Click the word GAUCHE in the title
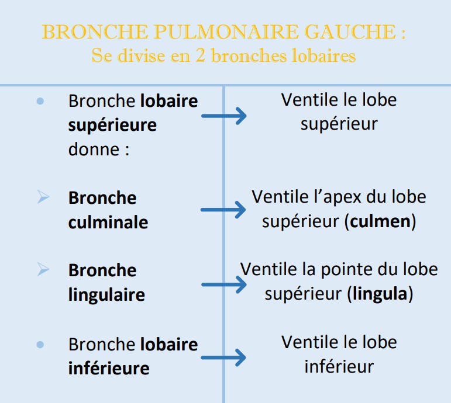(x=350, y=32)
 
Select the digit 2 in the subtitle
(x=200, y=55)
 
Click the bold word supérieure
(x=112, y=125)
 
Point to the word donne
(x=94, y=149)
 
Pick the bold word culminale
(x=108, y=222)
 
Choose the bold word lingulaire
(x=106, y=295)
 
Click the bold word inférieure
(x=109, y=368)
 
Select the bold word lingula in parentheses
(x=380, y=294)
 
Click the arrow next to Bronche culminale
(x=223, y=210)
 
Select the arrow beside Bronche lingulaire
(x=224, y=284)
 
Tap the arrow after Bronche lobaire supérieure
(x=224, y=116)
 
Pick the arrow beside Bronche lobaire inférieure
(x=223, y=357)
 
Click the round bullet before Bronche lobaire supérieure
(x=40, y=101)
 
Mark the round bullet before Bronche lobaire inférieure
(x=40, y=345)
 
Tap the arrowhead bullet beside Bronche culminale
(x=43, y=197)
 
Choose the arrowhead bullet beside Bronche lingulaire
(x=43, y=269)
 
